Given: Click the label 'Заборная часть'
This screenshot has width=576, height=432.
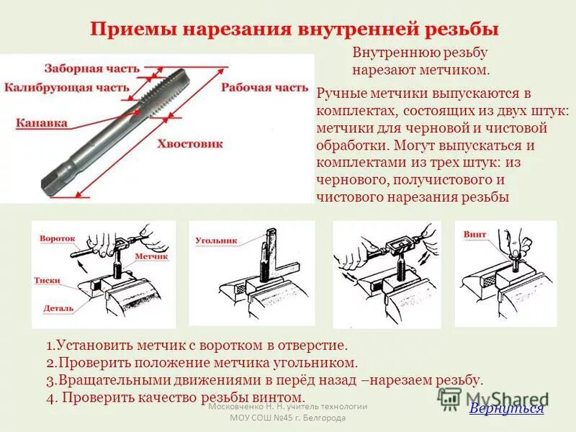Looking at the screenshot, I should [x=91, y=68].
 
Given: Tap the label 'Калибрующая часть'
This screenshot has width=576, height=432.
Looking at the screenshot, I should [x=67, y=88].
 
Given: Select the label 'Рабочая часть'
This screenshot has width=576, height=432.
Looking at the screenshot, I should [x=264, y=88].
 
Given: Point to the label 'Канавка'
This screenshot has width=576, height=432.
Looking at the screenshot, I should [x=42, y=122].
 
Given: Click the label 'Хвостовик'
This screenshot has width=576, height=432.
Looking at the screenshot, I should [x=190, y=143].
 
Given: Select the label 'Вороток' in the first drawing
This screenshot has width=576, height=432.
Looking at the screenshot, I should [x=58, y=237].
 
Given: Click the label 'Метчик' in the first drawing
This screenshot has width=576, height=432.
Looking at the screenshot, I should [x=150, y=256].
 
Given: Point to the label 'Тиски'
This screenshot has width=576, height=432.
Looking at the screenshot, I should [x=47, y=280].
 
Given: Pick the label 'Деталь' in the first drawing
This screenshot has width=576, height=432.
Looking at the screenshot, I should [x=58, y=307].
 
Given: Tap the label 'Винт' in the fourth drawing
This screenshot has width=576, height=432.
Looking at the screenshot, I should [x=475, y=235].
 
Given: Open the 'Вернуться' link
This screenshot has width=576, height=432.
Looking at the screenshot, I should [x=506, y=409].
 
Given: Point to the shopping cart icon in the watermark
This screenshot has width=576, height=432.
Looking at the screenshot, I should [x=450, y=398].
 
